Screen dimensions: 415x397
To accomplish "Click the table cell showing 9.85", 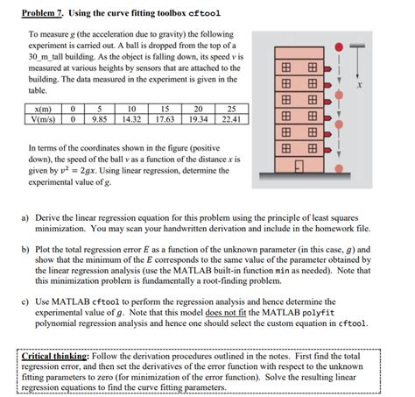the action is [x=100, y=119].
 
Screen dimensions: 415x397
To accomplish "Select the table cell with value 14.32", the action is [x=131, y=119].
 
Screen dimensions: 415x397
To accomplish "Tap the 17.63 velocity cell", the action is [x=165, y=119].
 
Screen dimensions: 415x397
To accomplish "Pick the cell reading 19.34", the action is [x=198, y=119].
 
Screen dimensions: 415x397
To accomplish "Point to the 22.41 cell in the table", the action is [x=232, y=119].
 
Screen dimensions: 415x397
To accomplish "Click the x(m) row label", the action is [x=43, y=109].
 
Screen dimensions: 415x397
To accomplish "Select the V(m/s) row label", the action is [x=43, y=119].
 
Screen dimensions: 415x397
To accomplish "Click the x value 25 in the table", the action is [x=232, y=109].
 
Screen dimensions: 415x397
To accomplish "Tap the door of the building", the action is [x=299, y=167].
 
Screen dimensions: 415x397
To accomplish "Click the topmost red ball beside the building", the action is [x=339, y=46].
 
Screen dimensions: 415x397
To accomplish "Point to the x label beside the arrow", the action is [x=360, y=85].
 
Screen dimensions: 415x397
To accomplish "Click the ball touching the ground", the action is [x=339, y=168].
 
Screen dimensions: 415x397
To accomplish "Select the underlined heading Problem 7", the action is [x=42, y=13].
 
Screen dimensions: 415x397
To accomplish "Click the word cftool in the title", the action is [x=205, y=13].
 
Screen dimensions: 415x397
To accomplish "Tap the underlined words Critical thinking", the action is [x=54, y=356].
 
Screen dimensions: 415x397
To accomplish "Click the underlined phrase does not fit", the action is [x=226, y=313].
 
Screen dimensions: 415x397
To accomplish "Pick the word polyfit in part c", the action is [x=318, y=313].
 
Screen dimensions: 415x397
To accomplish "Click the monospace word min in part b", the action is [x=282, y=271].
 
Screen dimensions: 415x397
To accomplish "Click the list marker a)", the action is [x=25, y=218].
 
